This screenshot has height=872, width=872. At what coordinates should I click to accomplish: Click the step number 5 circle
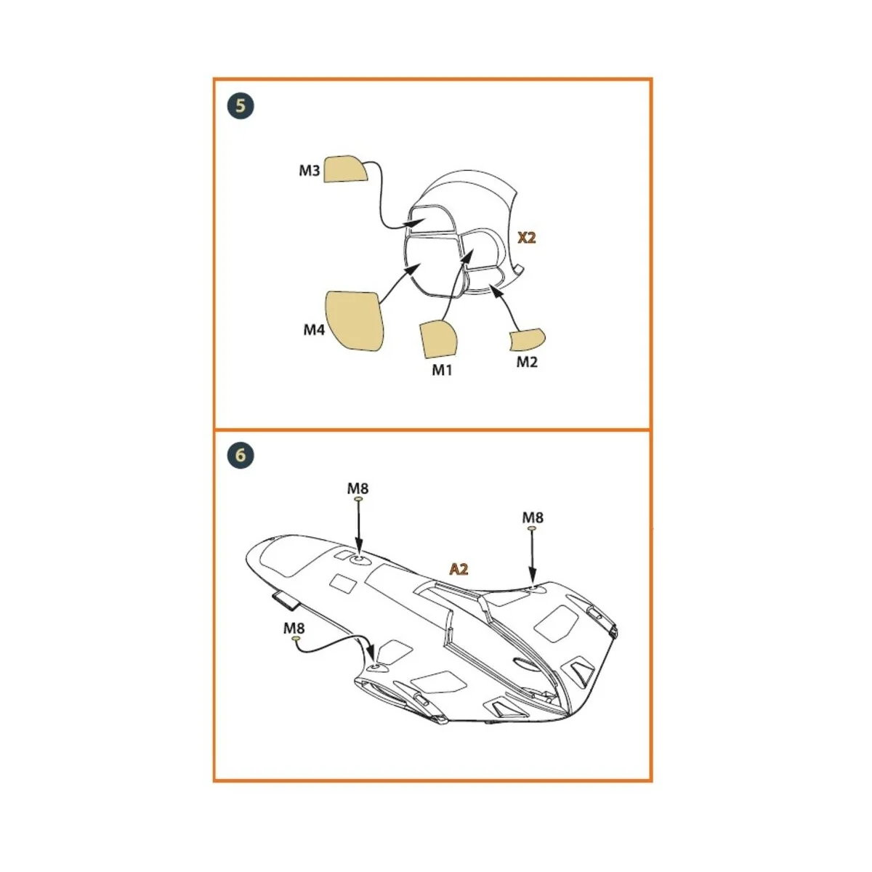click(x=241, y=106)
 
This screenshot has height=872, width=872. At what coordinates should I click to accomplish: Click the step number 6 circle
click(x=241, y=456)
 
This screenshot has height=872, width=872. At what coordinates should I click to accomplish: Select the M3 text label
click(x=310, y=171)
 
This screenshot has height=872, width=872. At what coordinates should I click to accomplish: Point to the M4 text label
click(x=314, y=330)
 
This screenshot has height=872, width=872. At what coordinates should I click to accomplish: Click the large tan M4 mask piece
click(x=353, y=320)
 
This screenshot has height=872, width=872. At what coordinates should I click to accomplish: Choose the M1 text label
click(x=442, y=370)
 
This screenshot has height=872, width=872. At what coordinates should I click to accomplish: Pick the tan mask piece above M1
click(x=438, y=339)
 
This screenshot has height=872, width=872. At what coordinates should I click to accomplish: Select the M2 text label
click(x=527, y=362)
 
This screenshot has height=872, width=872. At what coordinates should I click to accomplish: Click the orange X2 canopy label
click(x=526, y=238)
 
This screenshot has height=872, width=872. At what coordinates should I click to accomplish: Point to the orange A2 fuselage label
click(x=459, y=569)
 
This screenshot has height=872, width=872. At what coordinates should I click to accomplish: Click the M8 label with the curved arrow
click(x=294, y=628)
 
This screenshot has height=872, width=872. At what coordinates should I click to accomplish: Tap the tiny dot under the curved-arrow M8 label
click(x=295, y=639)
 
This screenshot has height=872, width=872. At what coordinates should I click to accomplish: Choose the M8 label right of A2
click(x=533, y=517)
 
